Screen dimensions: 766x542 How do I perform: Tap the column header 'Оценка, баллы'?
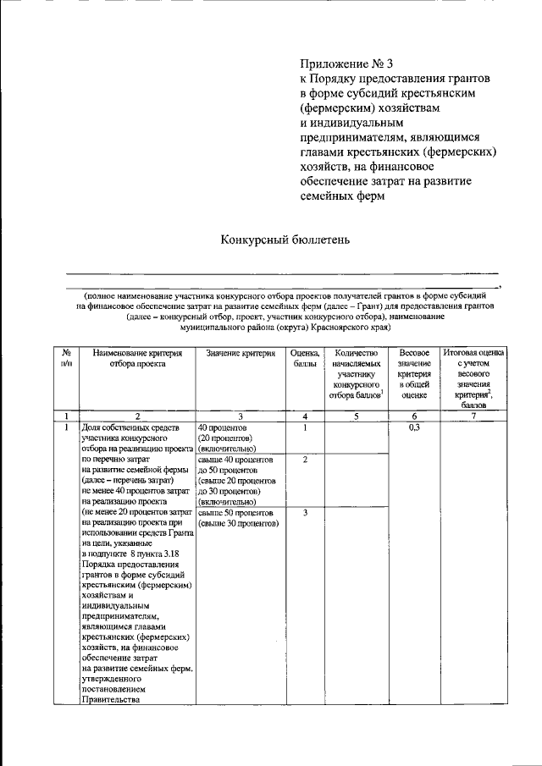tap(304, 358)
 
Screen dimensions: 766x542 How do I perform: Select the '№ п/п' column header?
tap(66, 358)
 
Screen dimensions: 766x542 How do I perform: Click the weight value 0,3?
tap(414, 428)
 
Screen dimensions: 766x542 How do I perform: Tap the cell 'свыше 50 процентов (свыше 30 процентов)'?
tap(238, 518)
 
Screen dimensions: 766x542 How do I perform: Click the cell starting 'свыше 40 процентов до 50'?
tap(238, 480)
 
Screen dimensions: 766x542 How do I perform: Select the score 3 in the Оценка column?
tap(304, 513)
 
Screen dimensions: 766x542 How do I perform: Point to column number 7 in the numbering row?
tap(473, 416)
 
